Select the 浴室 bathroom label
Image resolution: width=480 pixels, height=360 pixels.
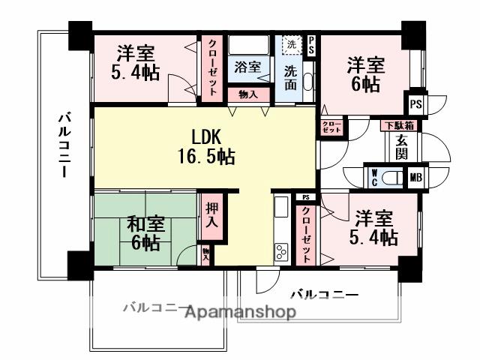coord(247,66)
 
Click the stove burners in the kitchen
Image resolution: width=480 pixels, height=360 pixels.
coord(281,250)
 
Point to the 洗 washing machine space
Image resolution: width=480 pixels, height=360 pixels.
coord(290,44)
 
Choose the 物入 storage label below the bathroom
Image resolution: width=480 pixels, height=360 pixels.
coord(247,94)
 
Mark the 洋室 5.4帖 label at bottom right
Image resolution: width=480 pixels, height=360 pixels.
coord(373,228)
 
